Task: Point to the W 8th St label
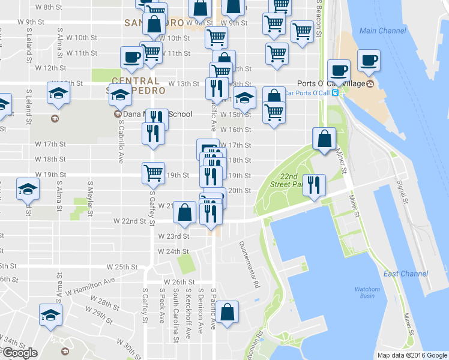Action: pos(49,7)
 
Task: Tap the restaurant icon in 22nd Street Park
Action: pos(313,185)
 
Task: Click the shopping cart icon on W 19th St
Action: pos(153,172)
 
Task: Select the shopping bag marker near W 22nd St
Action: pos(185,212)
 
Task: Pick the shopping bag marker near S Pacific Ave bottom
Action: pos(228,312)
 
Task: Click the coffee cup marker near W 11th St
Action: pos(131,58)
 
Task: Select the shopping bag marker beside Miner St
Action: pos(324,139)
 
